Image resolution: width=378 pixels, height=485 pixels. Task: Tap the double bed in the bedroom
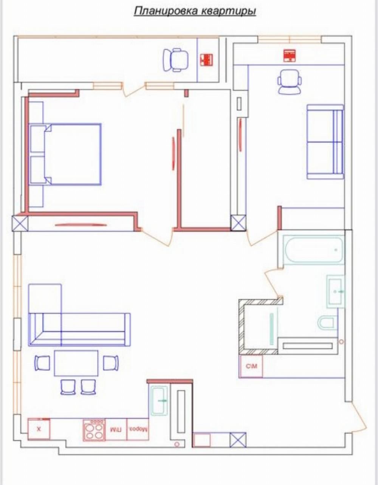tap(65, 154)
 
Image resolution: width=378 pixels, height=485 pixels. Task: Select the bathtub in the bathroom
tap(314, 249)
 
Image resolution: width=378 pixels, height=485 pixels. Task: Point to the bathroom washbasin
tap(335, 291)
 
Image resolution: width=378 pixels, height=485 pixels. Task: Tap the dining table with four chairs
tap(76, 363)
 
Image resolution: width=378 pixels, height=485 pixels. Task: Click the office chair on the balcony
tap(176, 60)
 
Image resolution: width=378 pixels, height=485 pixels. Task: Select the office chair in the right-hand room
tap(290, 82)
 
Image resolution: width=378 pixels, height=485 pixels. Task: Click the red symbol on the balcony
tap(206, 60)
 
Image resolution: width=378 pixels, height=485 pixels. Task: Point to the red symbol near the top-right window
tap(290, 56)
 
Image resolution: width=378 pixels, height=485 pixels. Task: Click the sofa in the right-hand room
tap(325, 142)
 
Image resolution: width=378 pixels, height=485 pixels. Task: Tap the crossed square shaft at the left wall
tap(20, 223)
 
